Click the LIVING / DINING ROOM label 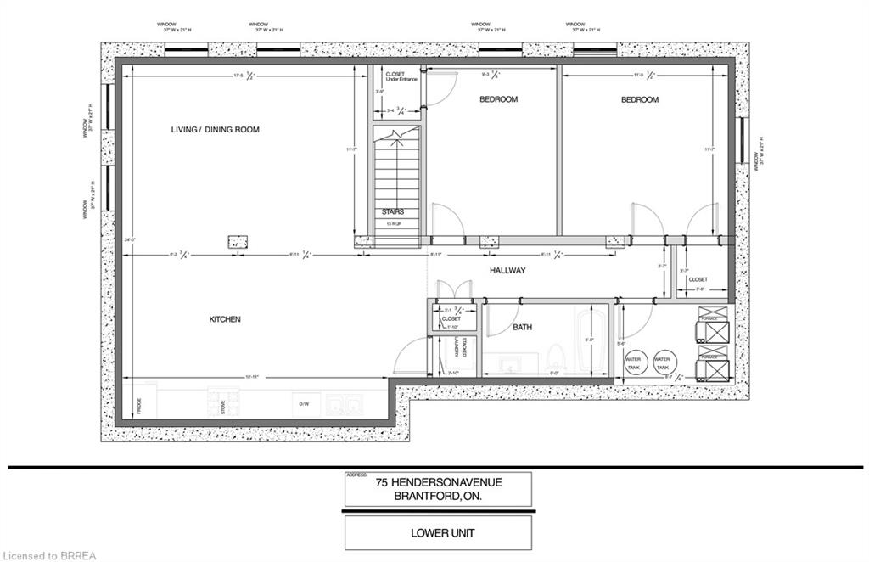(215, 129)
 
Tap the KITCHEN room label (225, 319)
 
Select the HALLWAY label (507, 270)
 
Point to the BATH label (522, 327)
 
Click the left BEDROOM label (498, 99)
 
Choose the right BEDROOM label (639, 99)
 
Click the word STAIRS (392, 211)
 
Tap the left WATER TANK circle (634, 361)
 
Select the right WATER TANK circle (663, 361)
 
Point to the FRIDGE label (138, 406)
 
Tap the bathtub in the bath (590, 340)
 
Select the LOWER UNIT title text (438, 533)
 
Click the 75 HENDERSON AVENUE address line (439, 482)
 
